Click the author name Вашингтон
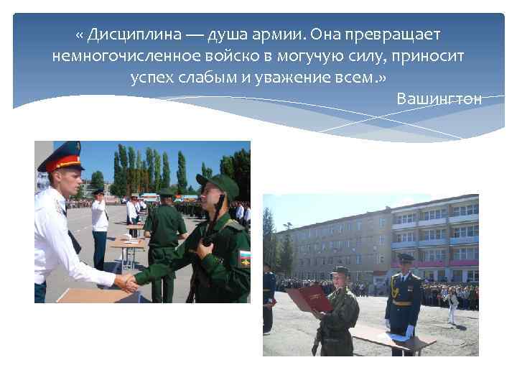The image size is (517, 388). coord(439,98)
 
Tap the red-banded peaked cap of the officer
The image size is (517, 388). coord(62,157)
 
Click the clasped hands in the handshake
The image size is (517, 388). coord(127,282)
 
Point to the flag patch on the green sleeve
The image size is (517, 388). coord(244,257)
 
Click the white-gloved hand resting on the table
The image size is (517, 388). coord(410,331)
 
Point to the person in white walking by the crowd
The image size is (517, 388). coord(452,305)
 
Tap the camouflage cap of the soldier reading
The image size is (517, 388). coord(339,270)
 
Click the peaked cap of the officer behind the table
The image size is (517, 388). coord(406,257)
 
